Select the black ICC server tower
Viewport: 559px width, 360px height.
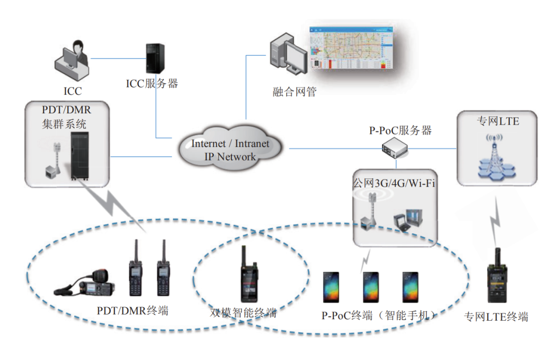click(x=154, y=57)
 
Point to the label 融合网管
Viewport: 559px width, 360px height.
click(x=294, y=93)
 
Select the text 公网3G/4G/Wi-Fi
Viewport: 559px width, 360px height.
click(x=394, y=183)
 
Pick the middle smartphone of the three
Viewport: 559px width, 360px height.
click(x=371, y=287)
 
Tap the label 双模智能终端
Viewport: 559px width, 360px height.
click(x=243, y=313)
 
